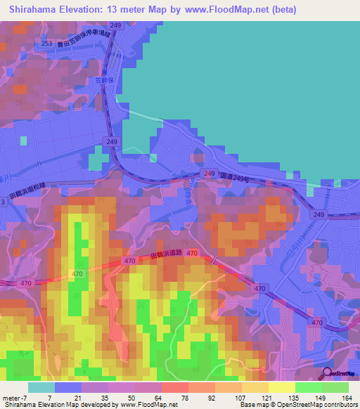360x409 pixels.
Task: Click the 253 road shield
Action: (x=46, y=44)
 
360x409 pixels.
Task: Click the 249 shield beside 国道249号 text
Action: (x=209, y=173)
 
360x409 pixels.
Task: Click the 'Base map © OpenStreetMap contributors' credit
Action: (x=297, y=405)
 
